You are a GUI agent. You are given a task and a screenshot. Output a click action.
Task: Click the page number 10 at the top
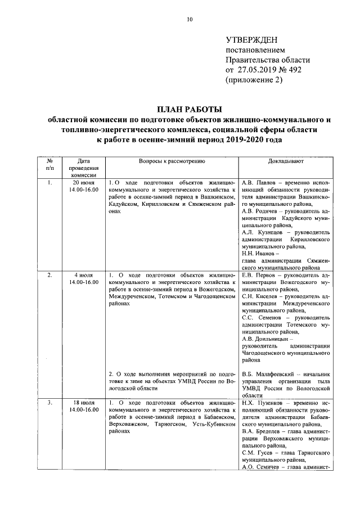click(190, 20)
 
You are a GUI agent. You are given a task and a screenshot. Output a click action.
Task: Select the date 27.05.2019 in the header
click(259, 70)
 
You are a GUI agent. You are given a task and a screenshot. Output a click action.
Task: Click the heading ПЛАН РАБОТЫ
click(190, 109)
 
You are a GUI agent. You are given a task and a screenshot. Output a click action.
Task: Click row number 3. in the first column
click(49, 403)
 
